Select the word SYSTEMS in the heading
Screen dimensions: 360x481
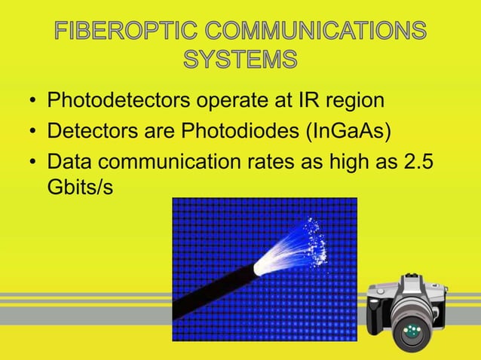(x=240, y=59)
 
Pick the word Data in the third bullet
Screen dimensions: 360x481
(x=71, y=163)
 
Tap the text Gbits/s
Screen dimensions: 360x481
(x=80, y=186)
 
